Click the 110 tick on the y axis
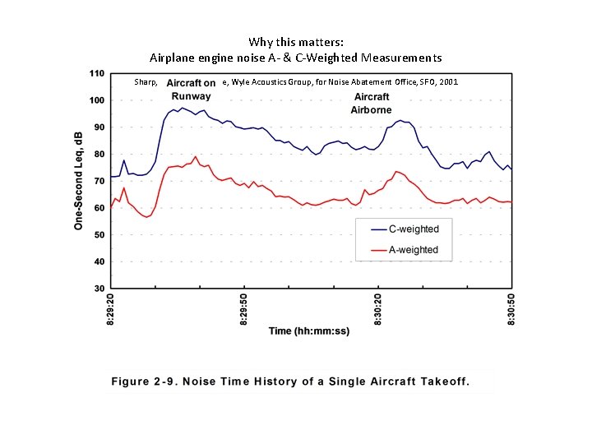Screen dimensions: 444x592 click(97, 74)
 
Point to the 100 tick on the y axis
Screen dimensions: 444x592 click(97, 100)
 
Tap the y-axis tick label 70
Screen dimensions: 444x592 click(99, 181)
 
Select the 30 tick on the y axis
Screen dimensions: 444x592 click(99, 289)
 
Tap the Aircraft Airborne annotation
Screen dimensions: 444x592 click(372, 104)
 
